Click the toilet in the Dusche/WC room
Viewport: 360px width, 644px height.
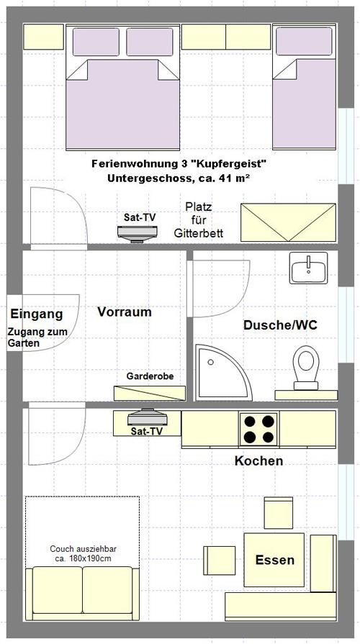(x=306, y=367)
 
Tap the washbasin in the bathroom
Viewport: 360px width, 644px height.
(x=309, y=268)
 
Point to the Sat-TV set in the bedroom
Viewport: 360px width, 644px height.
(x=138, y=233)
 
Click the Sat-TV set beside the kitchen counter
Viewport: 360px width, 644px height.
(x=147, y=417)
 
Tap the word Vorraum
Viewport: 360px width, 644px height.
(x=125, y=312)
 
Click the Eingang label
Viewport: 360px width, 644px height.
(x=37, y=314)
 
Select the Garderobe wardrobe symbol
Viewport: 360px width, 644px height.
(x=150, y=393)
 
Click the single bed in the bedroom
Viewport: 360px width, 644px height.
(x=305, y=86)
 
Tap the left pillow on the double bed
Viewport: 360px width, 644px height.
(x=96, y=42)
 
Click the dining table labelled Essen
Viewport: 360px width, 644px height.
(x=274, y=560)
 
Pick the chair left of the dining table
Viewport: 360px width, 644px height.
(x=220, y=561)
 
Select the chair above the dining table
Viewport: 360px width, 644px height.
(x=278, y=513)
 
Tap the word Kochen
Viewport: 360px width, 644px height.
(x=259, y=461)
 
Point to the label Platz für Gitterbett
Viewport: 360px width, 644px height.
(x=199, y=219)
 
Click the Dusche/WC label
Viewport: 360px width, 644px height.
(x=280, y=325)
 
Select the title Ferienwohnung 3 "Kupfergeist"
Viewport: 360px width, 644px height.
(x=179, y=164)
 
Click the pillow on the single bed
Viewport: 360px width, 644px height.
(x=304, y=41)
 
